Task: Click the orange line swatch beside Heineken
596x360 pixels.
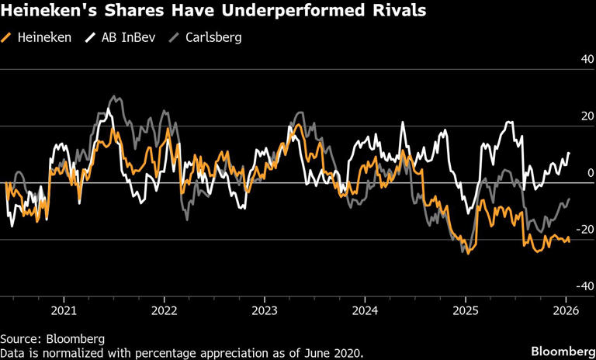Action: tap(7, 37)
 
